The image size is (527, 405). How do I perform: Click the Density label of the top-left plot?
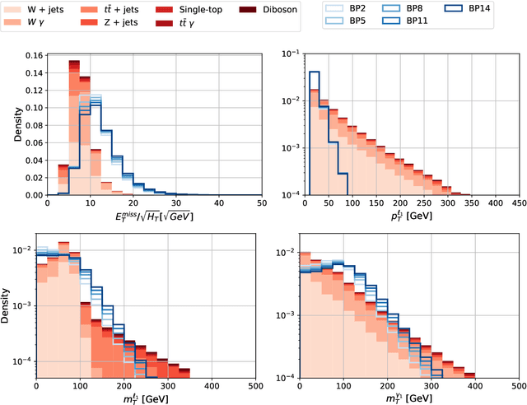click(9, 125)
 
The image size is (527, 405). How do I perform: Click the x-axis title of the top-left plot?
click(154, 219)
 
